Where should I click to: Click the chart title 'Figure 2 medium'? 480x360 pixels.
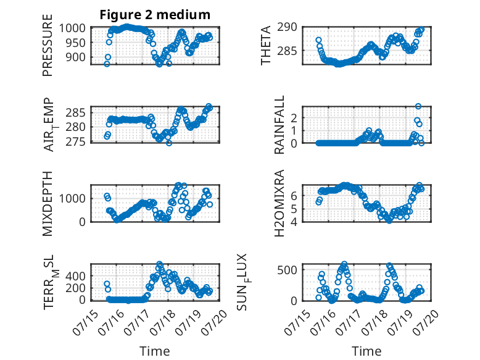pyautogui.click(x=155, y=15)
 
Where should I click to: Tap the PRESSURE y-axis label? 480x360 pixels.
pyautogui.click(x=48, y=45)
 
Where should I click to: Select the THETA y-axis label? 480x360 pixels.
pyautogui.click(x=266, y=45)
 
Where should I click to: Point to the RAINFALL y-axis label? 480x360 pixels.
pyautogui.click(x=279, y=124)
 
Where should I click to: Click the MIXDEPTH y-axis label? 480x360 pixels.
pyautogui.click(x=48, y=203)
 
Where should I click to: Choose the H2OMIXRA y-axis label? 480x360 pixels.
pyautogui.click(x=279, y=203)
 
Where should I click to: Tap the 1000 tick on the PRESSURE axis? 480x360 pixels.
pyautogui.click(x=72, y=28)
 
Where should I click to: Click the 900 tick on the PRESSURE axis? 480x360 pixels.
pyautogui.click(x=75, y=57)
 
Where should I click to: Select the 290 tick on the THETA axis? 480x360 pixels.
pyautogui.click(x=287, y=27)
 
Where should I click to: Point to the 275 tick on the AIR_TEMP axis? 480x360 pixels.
pyautogui.click(x=75, y=142)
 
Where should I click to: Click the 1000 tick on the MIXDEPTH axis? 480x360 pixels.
pyautogui.click(x=72, y=198)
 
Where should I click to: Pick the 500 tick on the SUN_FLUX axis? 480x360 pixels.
pyautogui.click(x=287, y=270)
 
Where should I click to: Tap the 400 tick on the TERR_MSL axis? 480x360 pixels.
pyautogui.click(x=75, y=276)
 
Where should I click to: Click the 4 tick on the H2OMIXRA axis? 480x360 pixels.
pyautogui.click(x=294, y=222)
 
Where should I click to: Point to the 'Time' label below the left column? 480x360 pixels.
pyautogui.click(x=155, y=351)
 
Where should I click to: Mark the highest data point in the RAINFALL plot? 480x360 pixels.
pyautogui.click(x=418, y=106)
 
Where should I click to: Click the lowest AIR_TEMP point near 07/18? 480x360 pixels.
pyautogui.click(x=169, y=143)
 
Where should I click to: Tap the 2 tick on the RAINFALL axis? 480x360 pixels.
pyautogui.click(x=294, y=118)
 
